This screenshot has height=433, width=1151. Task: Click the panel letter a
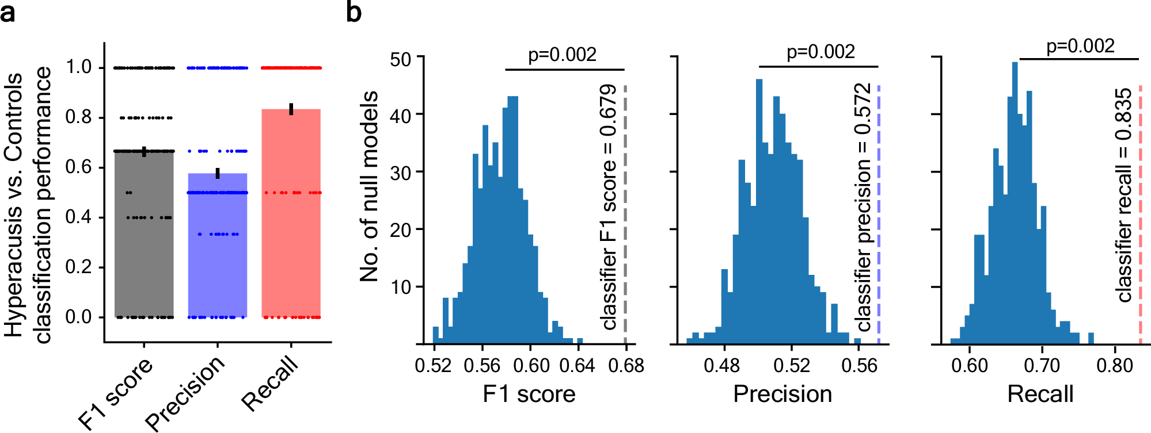coord(8,13)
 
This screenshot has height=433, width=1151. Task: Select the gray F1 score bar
coord(144,242)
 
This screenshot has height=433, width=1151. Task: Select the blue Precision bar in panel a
coord(218,253)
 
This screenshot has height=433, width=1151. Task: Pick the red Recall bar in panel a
coord(291,219)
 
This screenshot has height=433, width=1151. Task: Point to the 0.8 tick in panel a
coord(78,117)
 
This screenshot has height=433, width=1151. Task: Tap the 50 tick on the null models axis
coord(401,59)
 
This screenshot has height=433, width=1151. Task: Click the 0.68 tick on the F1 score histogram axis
coord(626,366)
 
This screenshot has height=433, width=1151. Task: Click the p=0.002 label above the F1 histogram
coord(563,55)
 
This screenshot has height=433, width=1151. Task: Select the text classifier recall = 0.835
coord(1123,196)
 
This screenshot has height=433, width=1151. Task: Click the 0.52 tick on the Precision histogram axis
coord(791,366)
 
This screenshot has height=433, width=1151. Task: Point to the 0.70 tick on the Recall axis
coord(1042,366)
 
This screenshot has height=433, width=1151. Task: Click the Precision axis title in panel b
coord(782,394)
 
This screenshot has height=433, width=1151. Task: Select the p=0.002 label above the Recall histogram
coord(1080,46)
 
